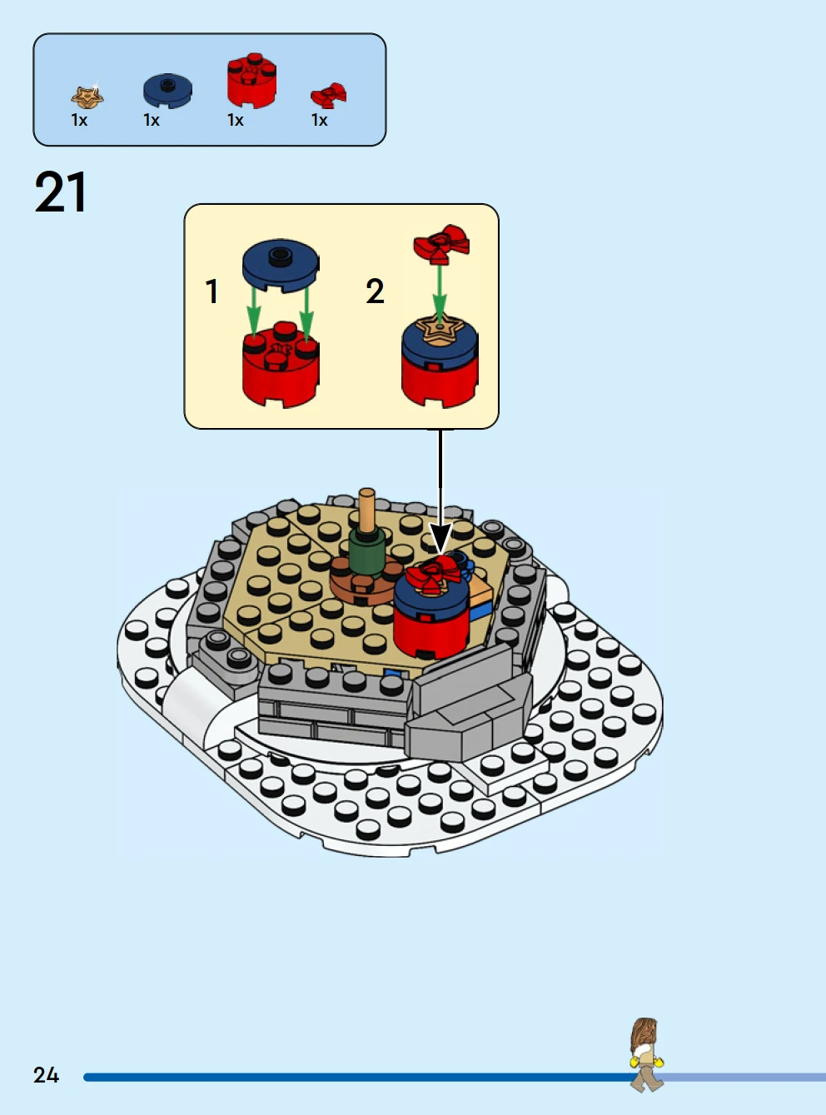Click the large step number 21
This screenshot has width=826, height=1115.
60,192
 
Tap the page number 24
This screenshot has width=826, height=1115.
47,1075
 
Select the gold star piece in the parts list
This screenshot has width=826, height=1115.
87,97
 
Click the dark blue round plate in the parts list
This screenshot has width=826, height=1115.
167,91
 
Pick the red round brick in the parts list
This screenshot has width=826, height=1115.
251,80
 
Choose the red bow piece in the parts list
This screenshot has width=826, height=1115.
329,95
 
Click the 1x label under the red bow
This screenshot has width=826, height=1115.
319,120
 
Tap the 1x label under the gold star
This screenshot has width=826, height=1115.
79,120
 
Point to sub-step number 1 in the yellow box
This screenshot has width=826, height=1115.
212,291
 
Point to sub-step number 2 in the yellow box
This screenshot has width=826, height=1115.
375,291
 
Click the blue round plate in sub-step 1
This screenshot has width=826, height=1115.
281,266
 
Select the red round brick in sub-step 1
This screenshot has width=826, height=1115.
281,365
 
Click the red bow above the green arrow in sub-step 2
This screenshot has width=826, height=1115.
441,243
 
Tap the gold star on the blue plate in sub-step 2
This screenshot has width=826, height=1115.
440,329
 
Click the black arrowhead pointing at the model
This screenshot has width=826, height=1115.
441,540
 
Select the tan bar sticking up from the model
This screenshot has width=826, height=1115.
367,510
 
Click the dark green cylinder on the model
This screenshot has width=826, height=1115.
367,553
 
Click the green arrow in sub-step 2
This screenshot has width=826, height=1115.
440,295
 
